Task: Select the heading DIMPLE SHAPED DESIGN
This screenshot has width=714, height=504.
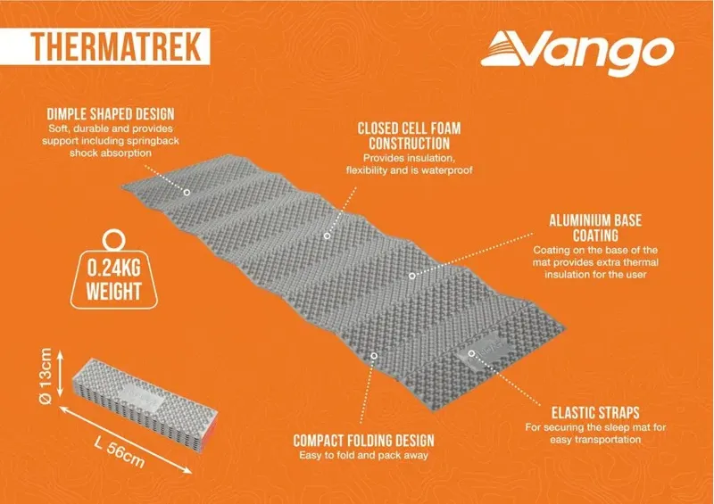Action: tap(111, 114)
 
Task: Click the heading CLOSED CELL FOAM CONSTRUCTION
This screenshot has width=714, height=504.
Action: tap(411, 135)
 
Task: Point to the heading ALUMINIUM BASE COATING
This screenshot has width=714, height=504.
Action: tap(594, 227)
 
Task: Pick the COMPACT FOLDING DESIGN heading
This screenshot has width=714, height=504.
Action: tap(363, 441)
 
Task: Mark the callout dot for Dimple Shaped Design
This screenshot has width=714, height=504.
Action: tap(187, 191)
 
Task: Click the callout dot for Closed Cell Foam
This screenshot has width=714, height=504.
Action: tap(327, 235)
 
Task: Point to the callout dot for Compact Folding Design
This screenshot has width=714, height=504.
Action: tap(374, 355)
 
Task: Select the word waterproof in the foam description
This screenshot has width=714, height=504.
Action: tap(446, 168)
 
